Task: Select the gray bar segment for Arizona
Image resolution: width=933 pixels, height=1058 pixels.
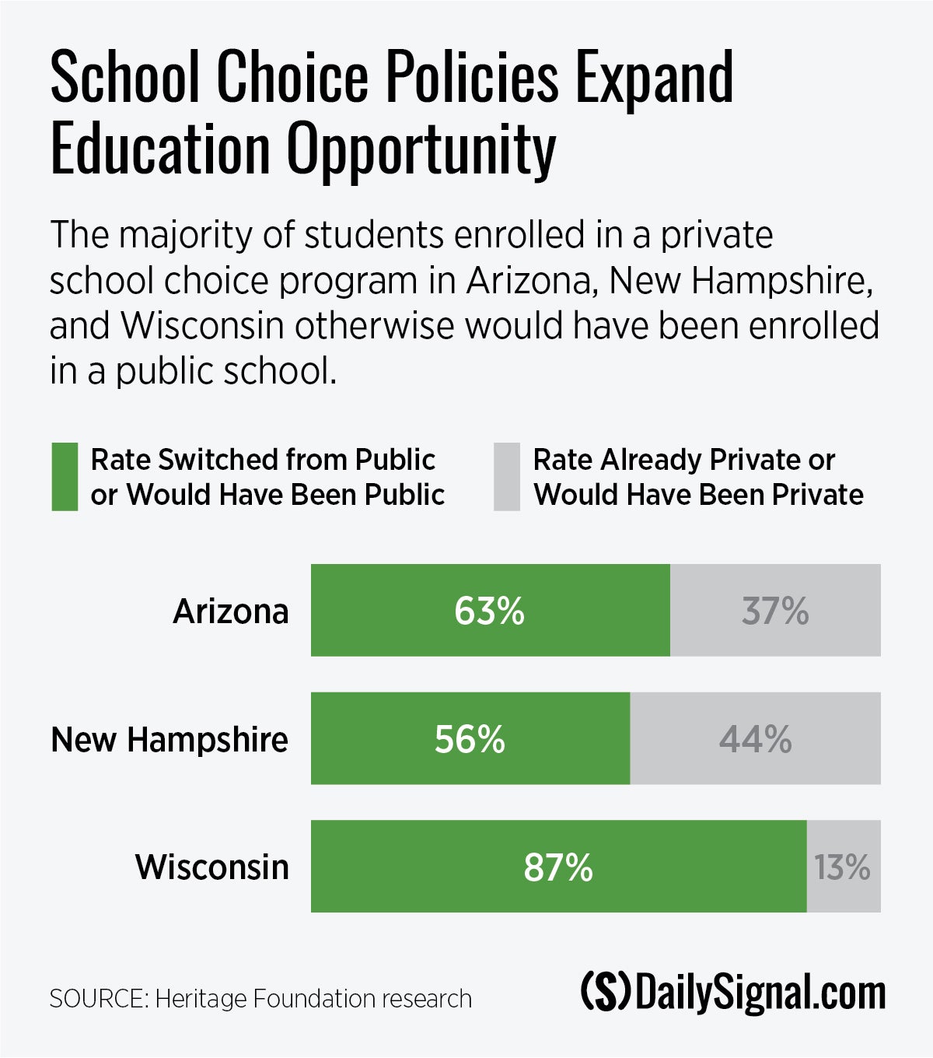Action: click(x=715, y=610)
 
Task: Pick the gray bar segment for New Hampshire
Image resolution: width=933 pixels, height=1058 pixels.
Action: click(x=684, y=738)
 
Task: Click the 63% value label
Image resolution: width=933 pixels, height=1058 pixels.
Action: click(x=489, y=611)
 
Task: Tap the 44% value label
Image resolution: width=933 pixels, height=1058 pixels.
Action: click(x=755, y=739)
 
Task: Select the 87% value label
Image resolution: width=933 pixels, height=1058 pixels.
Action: click(x=558, y=867)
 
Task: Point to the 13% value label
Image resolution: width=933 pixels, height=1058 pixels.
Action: click(x=842, y=867)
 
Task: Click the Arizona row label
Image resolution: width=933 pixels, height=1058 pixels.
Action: click(x=230, y=611)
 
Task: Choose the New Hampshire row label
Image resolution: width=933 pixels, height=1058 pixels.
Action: click(x=169, y=739)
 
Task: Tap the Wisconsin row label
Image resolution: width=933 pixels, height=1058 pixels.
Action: click(x=211, y=867)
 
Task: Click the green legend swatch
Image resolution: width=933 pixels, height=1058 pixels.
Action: click(x=65, y=477)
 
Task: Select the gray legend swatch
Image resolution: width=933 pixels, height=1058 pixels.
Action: click(x=506, y=477)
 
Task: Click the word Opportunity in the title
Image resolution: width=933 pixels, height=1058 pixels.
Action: click(x=421, y=150)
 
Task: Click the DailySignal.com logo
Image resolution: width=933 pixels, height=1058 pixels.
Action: click(x=733, y=993)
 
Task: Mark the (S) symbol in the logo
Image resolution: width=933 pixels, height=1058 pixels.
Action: click(x=605, y=993)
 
